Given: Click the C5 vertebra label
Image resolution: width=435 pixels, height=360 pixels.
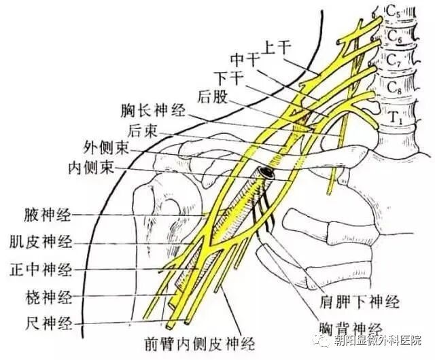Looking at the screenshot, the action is (393, 12).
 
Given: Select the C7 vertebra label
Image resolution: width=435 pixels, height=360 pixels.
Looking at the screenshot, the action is (394, 60).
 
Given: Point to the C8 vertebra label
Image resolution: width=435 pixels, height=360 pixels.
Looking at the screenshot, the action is (394, 88).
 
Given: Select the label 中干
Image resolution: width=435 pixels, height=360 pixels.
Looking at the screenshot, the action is (245, 60).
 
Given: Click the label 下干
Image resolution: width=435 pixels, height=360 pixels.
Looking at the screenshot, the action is (230, 78).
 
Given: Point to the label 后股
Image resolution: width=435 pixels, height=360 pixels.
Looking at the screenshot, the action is (213, 97).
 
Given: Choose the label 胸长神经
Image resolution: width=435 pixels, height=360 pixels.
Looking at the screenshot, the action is (153, 111).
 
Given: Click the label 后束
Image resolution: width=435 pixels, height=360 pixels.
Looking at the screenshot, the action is (142, 130).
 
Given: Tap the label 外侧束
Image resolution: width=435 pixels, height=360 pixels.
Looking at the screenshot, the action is (107, 148).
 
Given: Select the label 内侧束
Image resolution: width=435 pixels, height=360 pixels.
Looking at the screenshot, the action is (92, 167).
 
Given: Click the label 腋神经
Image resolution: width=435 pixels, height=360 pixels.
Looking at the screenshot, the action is (48, 215).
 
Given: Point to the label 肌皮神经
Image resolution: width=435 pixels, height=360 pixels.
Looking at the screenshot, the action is (41, 242).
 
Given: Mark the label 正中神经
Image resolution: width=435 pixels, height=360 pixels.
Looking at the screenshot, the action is (41, 269).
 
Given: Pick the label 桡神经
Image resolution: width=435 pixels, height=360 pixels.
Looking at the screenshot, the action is (49, 297).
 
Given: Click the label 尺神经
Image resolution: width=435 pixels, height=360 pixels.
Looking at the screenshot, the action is (49, 323).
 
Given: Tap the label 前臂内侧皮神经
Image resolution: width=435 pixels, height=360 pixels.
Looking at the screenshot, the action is (200, 344).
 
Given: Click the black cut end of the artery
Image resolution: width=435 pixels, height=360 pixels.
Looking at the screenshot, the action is (266, 173).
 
